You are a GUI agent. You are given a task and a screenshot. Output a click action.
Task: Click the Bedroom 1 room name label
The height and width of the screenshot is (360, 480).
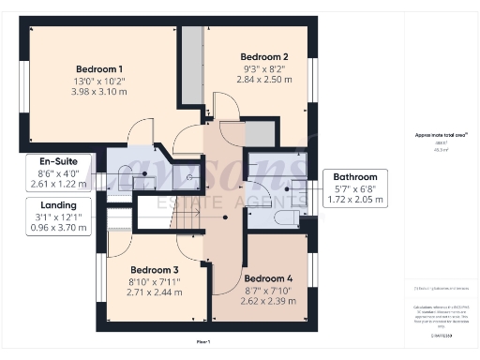pyautogui.click(x=99, y=69)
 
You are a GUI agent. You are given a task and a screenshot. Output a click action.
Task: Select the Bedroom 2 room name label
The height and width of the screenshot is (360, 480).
pyautogui.click(x=264, y=56)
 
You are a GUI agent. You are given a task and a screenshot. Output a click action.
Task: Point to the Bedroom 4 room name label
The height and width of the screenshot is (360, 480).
pyautogui.click(x=269, y=278)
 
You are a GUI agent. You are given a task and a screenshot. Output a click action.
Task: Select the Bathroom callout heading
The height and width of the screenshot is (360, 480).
pyautogui.click(x=358, y=176)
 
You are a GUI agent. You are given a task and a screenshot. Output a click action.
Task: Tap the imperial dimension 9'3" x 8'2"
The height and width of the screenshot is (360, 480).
pyautogui.click(x=264, y=68)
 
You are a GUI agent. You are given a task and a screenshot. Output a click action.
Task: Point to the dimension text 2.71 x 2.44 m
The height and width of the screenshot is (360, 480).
pyautogui.click(x=156, y=292)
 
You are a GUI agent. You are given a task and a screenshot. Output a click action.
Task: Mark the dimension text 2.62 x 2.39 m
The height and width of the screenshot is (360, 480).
pyautogui.click(x=269, y=302)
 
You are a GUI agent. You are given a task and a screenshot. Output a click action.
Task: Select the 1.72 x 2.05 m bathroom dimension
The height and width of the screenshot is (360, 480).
pyautogui.click(x=358, y=199)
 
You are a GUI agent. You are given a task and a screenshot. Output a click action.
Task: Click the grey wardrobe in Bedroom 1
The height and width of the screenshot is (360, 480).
pyautogui.click(x=191, y=66)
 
